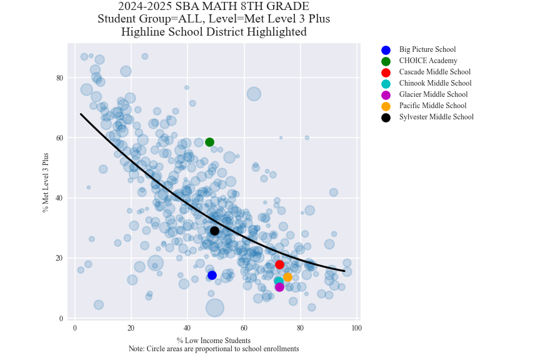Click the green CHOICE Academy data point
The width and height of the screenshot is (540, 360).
(210, 142)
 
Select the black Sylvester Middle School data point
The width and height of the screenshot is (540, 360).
(214, 231)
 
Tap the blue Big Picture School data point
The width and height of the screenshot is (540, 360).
(212, 275)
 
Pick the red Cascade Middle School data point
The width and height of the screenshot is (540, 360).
(279, 264)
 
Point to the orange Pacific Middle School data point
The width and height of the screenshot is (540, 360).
(287, 277)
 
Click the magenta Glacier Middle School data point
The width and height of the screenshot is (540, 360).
(279, 287)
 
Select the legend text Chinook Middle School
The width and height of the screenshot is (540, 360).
(435, 83)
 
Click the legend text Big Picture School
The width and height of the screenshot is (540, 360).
(427, 49)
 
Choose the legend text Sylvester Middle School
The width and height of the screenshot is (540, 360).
(436, 117)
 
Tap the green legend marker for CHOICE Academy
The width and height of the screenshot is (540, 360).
(386, 61)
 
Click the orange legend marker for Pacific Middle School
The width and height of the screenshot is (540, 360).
(386, 106)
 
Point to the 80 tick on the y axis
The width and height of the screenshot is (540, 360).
(60, 77)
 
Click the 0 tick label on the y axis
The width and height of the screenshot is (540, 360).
(61, 318)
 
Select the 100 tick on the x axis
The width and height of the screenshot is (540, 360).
(356, 328)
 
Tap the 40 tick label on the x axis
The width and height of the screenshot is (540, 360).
(187, 328)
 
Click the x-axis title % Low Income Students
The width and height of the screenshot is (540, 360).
(214, 341)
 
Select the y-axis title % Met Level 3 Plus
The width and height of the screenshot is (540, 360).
(45, 182)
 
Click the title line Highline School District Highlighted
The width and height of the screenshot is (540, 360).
(214, 32)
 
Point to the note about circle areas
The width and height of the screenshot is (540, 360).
(214, 349)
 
